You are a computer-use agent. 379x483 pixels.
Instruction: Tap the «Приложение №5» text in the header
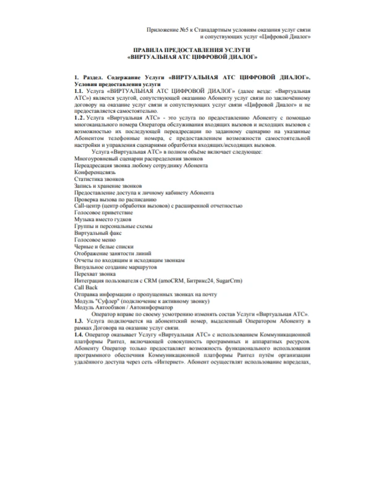click(x=168, y=30)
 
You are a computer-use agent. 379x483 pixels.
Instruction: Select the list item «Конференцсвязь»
click(x=93, y=172)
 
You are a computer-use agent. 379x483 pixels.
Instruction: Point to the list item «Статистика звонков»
click(x=98, y=179)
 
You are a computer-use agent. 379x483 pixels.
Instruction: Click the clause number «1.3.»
click(x=78, y=322)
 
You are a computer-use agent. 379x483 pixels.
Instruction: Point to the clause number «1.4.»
click(x=78, y=335)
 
